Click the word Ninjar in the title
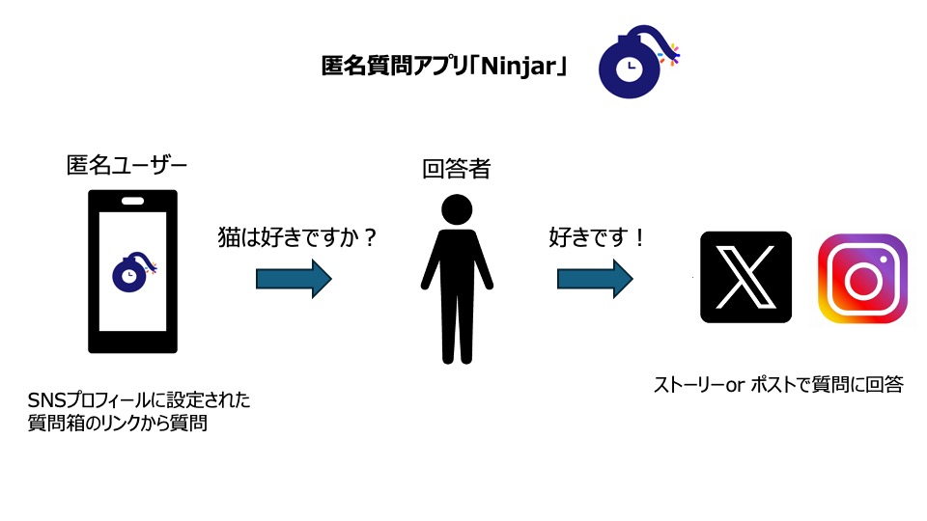(x=519, y=66)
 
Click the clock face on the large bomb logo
(x=629, y=68)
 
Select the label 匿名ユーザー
(x=126, y=165)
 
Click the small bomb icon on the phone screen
(x=133, y=272)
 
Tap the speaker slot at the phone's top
(x=132, y=201)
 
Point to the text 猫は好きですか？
(x=297, y=237)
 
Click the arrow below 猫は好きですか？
(x=294, y=279)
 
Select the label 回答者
(x=457, y=169)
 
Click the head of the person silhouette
(x=457, y=209)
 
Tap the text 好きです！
(x=597, y=237)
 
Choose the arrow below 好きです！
(x=595, y=279)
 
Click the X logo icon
(x=746, y=277)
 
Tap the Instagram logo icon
(x=862, y=279)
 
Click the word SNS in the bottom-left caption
(x=45, y=400)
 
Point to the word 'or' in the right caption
(x=735, y=385)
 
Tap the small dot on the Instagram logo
(x=884, y=260)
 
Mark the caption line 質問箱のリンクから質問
(x=118, y=423)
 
